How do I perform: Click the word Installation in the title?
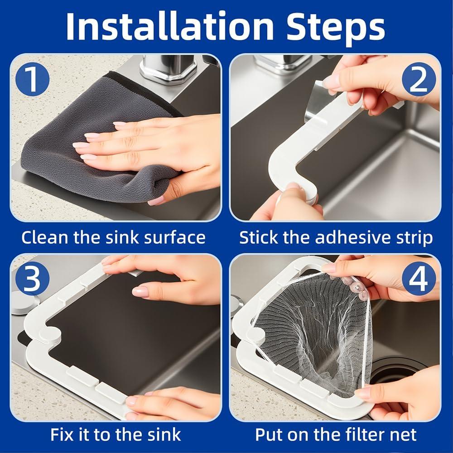(170, 26)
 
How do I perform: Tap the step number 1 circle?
(32, 79)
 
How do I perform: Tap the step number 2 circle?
(418, 79)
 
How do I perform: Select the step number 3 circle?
(32, 279)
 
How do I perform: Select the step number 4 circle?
(418, 279)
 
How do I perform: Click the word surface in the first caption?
(175, 238)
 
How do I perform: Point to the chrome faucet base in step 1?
(168, 69)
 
